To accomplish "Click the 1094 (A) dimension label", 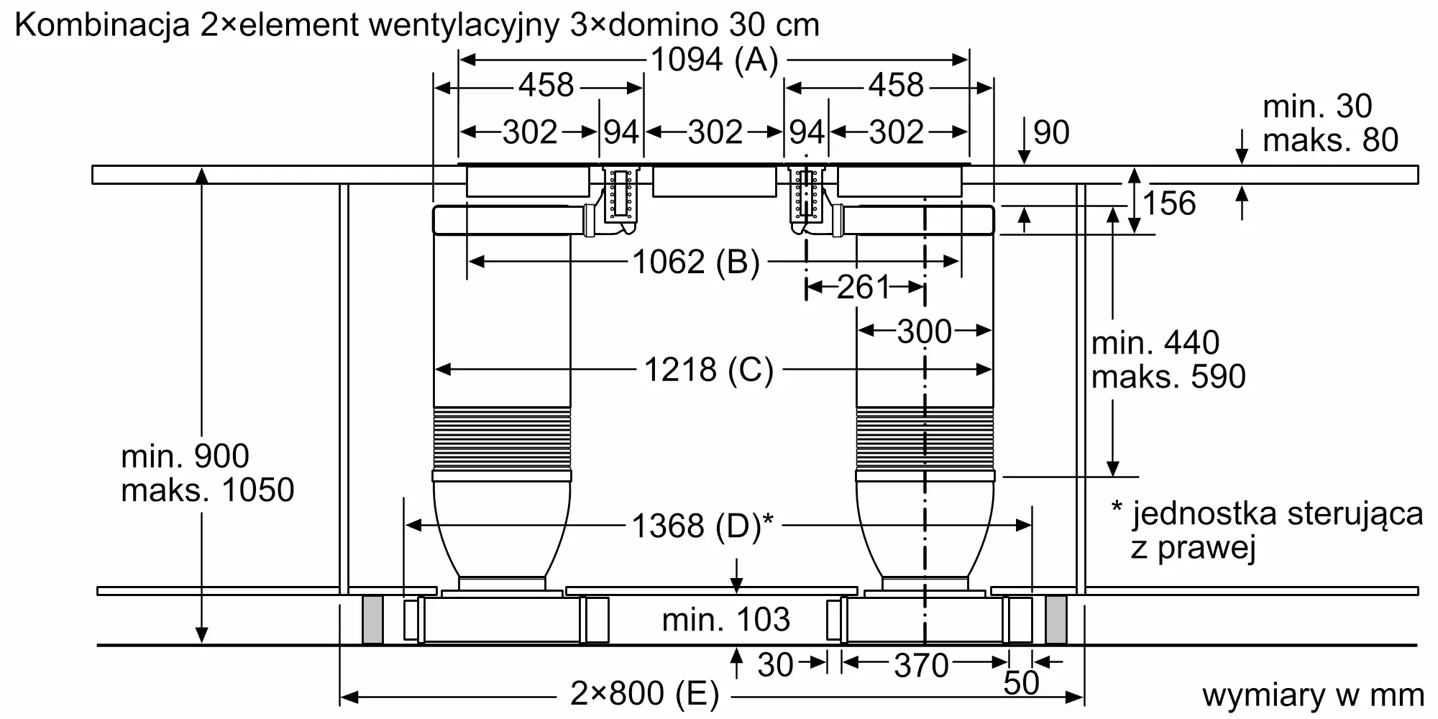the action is click(714, 60).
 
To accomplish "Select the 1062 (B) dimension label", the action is click(696, 262).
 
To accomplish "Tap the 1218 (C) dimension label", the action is click(708, 370).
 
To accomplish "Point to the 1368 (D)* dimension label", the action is click(702, 526).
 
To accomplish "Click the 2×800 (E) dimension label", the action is click(645, 694).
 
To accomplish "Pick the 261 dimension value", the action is click(864, 288).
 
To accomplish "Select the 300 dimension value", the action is click(925, 331).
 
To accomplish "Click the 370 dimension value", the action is click(922, 666).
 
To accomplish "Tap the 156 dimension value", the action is click(1169, 203).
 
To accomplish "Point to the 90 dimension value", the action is click(1051, 132).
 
